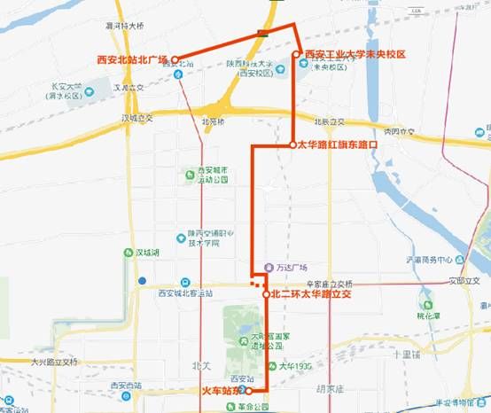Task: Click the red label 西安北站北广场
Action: pyautogui.click(x=132, y=59)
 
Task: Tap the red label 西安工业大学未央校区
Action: pyautogui.click(x=355, y=55)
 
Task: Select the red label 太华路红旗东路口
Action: pyautogui.click(x=338, y=144)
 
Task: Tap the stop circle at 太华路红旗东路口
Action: pyautogui.click(x=292, y=144)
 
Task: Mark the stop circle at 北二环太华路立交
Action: pyautogui.click(x=266, y=293)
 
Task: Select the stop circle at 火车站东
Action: pyautogui.click(x=248, y=390)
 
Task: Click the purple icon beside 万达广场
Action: pyautogui.click(x=269, y=268)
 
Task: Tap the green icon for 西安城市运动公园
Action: pyautogui.click(x=189, y=175)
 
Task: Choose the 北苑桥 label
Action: pyautogui.click(x=214, y=121)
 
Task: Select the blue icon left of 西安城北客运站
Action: pyautogui.click(x=183, y=282)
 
